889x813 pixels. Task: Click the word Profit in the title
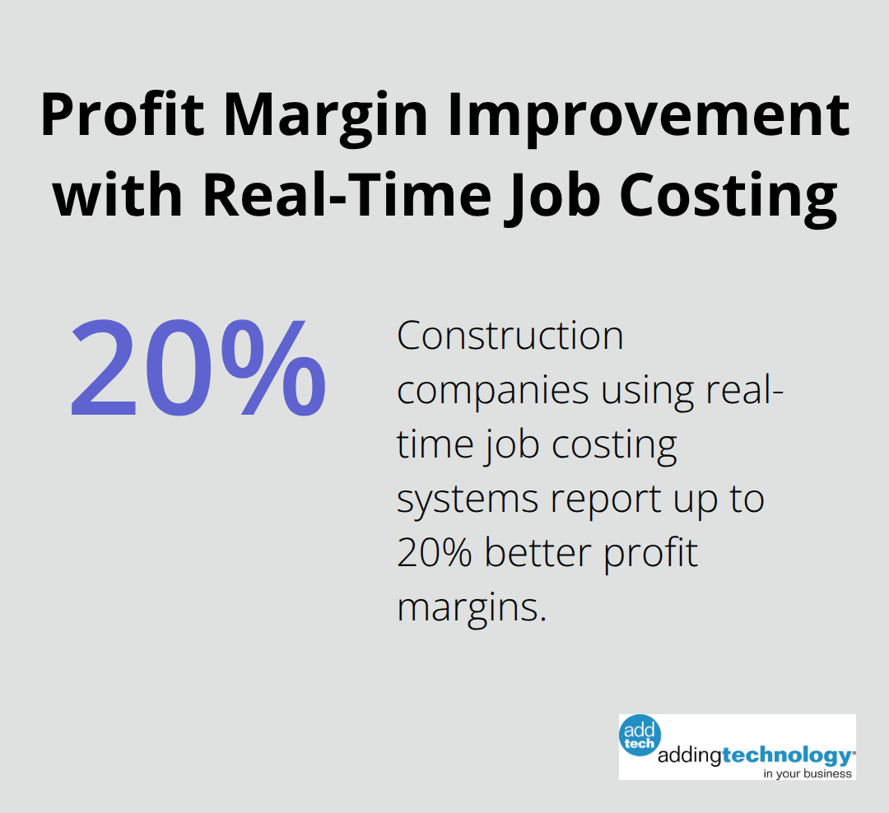[123, 114]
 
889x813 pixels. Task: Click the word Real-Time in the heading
[347, 195]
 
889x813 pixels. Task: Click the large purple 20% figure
[198, 367]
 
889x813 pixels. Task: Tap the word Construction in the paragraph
[510, 337]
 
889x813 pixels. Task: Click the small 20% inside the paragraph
[435, 552]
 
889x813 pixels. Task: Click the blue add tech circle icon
[640, 736]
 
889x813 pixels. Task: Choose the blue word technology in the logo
[788, 755]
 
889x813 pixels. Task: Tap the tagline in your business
[808, 774]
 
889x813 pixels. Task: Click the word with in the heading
[118, 195]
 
